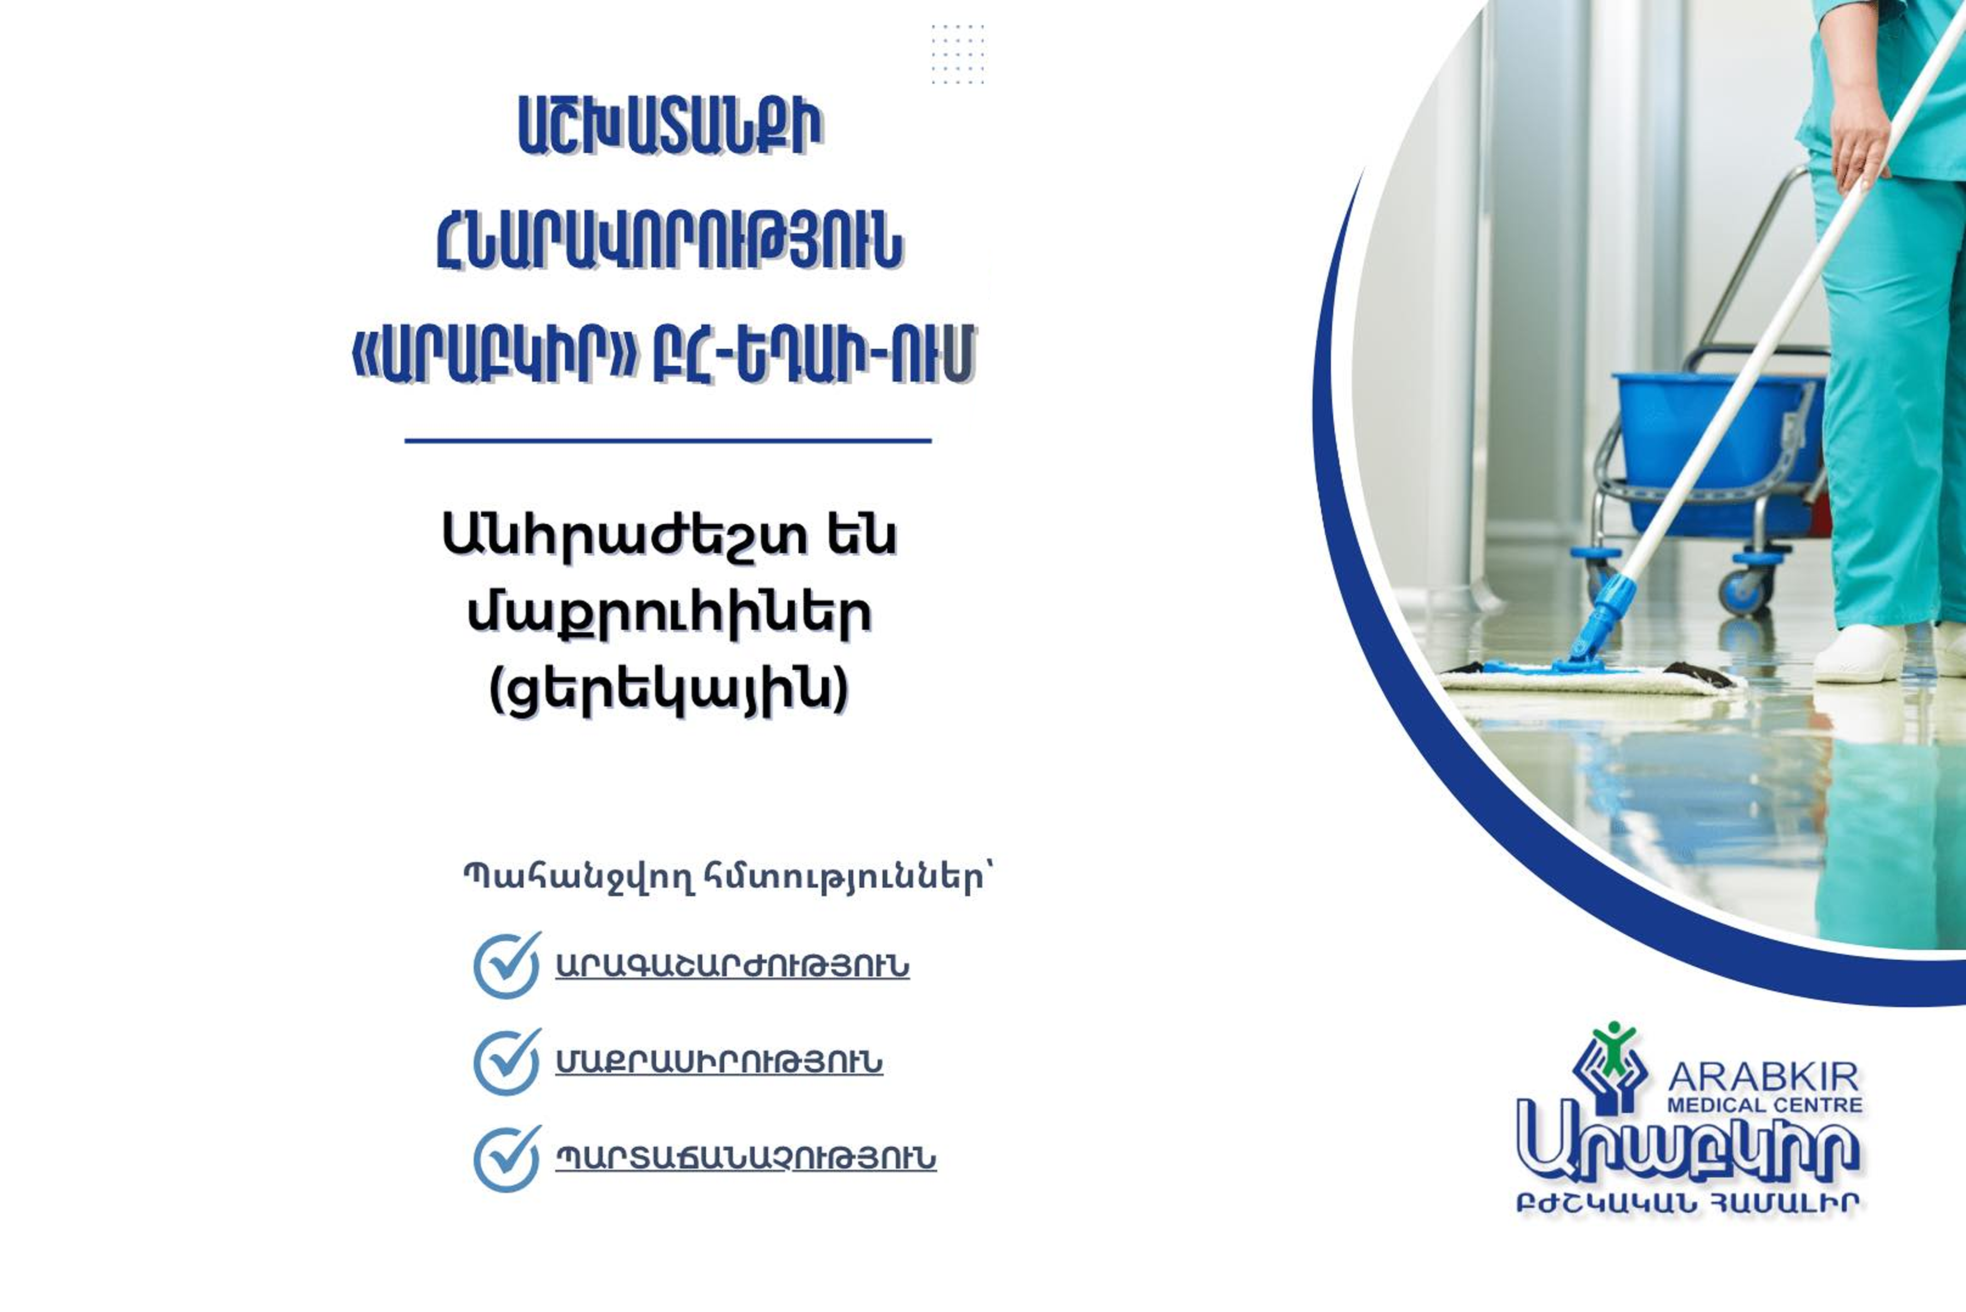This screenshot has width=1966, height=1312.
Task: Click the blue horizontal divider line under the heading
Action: point(668,440)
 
